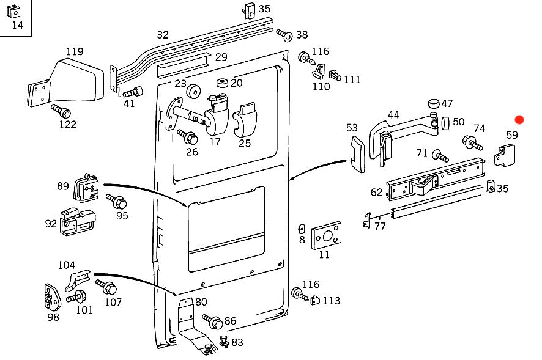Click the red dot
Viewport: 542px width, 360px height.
pos(519,120)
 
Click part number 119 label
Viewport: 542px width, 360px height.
pos(75,51)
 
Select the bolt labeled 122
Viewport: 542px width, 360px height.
pos(61,111)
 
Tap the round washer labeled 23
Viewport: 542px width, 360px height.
pos(193,91)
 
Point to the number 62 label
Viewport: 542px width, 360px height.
pos(376,192)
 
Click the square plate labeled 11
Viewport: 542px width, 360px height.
pos(326,236)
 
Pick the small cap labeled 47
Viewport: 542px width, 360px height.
pos(434,103)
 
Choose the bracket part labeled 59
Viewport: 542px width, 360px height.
pos(505,155)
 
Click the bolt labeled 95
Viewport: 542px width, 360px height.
pos(116,201)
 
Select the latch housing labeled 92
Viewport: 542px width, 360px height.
pos(78,222)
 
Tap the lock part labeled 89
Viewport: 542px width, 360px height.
pos(86,188)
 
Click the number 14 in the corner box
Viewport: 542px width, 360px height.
pos(17,25)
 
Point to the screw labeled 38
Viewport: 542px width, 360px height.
pos(284,35)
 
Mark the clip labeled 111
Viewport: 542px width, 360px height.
pos(335,75)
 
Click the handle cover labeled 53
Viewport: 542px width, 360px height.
pos(358,154)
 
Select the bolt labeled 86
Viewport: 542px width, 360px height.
pos(212,321)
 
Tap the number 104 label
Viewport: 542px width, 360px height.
pos(66,265)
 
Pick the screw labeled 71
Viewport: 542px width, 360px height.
pos(440,156)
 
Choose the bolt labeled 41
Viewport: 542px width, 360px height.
pos(133,92)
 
